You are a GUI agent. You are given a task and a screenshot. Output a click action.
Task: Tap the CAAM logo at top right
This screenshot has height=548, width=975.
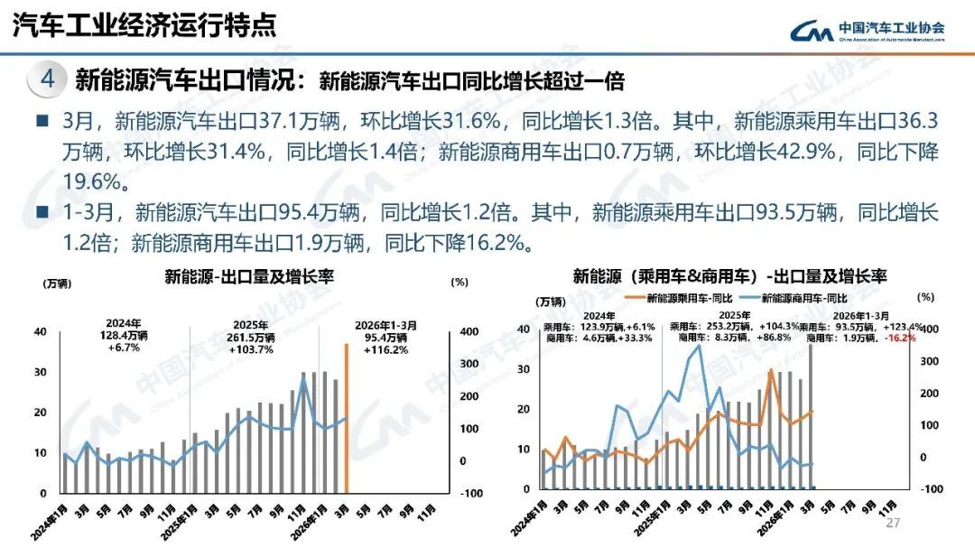(867, 32)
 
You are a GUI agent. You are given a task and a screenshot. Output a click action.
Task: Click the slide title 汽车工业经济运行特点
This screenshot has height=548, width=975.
(144, 25)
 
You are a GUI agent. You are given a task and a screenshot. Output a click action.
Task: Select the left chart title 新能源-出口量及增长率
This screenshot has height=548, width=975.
(249, 276)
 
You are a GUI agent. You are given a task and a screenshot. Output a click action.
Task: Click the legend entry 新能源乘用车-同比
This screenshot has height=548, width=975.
(688, 299)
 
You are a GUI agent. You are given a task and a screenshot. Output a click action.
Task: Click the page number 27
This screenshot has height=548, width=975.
(894, 524)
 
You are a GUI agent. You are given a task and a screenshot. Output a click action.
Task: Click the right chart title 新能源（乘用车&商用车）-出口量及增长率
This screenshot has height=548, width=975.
(729, 275)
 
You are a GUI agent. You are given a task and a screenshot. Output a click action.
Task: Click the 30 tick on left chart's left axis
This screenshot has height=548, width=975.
(41, 372)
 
